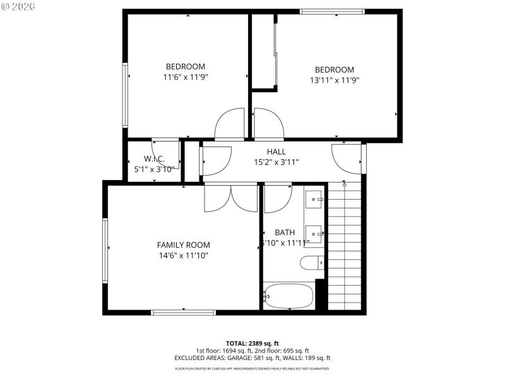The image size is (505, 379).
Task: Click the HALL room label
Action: pyautogui.click(x=276, y=152)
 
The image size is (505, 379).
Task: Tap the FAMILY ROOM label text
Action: pyautogui.click(x=183, y=245)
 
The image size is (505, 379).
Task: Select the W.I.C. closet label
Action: pyautogui.click(x=155, y=159)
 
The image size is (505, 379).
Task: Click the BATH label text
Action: pyautogui.click(x=285, y=232)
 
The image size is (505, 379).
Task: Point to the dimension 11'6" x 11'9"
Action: pyautogui.click(x=186, y=77)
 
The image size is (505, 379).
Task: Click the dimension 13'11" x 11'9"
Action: pyautogui.click(x=335, y=80)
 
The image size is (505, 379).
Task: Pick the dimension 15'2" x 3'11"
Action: pyautogui.click(x=276, y=162)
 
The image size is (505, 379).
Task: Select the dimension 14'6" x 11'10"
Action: pyautogui.click(x=183, y=256)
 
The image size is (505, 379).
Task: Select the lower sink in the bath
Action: pyautogui.click(x=314, y=234)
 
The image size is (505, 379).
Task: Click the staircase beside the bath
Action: pyautogui.click(x=345, y=246)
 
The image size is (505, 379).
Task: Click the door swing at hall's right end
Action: pyautogui.click(x=347, y=158)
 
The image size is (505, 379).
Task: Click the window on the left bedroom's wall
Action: pyautogui.click(x=126, y=95)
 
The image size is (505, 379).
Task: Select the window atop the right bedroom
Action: pyautogui.click(x=332, y=11)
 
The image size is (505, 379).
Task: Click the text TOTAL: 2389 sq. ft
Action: pyautogui.click(x=252, y=342)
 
